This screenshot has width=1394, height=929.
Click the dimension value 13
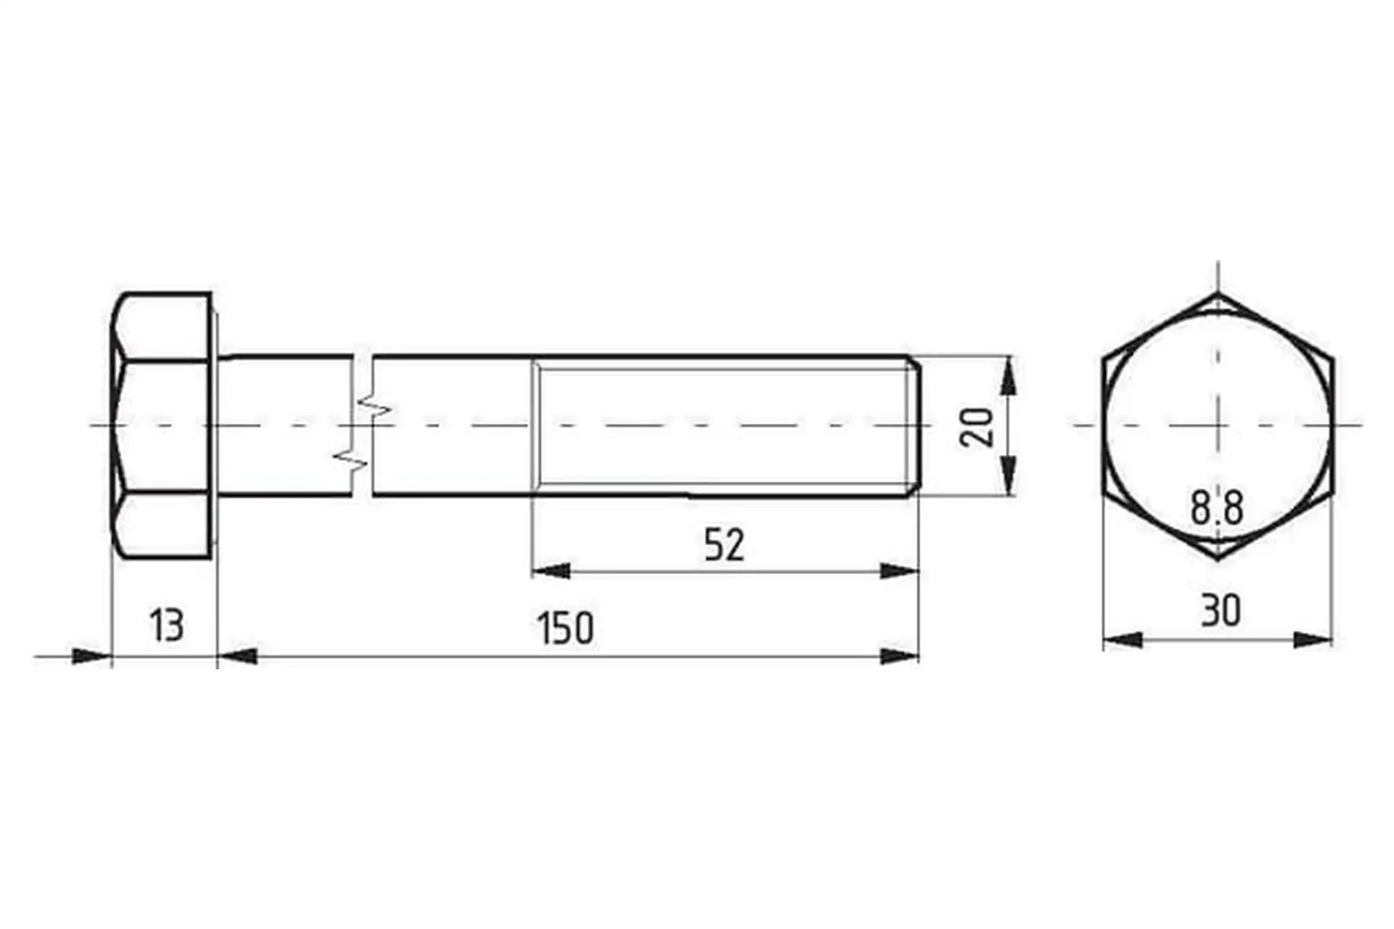(x=166, y=626)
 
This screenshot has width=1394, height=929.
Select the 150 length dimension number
(x=566, y=629)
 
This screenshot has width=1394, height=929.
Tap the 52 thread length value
(x=725, y=545)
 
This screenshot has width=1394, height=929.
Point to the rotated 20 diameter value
(x=977, y=427)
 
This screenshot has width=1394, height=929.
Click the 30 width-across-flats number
(x=1220, y=610)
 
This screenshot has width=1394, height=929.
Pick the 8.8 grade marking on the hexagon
(x=1217, y=507)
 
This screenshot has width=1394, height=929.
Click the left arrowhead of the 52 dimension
(x=551, y=571)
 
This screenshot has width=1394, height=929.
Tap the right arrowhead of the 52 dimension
(x=899, y=571)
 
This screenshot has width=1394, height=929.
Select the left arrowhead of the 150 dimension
(x=237, y=657)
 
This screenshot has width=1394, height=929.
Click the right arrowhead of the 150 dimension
(x=899, y=657)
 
